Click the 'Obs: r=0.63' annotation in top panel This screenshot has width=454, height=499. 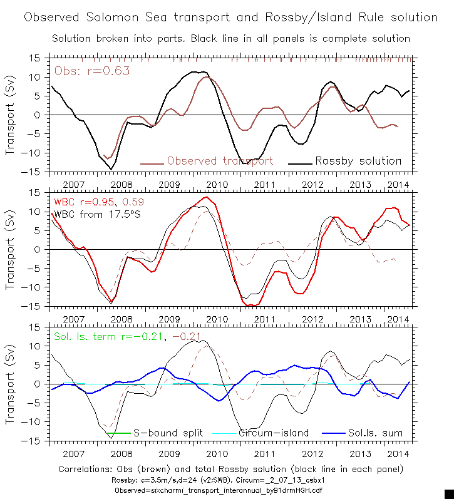[92, 71]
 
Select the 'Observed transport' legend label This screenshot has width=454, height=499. [220, 161]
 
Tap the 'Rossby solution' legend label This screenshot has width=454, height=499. [358, 161]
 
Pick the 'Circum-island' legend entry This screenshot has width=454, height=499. [274, 433]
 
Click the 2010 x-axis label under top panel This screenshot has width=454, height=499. [217, 185]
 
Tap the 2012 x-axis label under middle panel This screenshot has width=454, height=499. [312, 320]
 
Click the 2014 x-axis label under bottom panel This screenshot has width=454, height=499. [397, 455]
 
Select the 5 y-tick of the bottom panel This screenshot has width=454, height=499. [37, 365]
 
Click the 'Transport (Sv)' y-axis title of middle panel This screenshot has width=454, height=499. [11, 250]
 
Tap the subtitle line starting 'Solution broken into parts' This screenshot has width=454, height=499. [230, 38]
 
